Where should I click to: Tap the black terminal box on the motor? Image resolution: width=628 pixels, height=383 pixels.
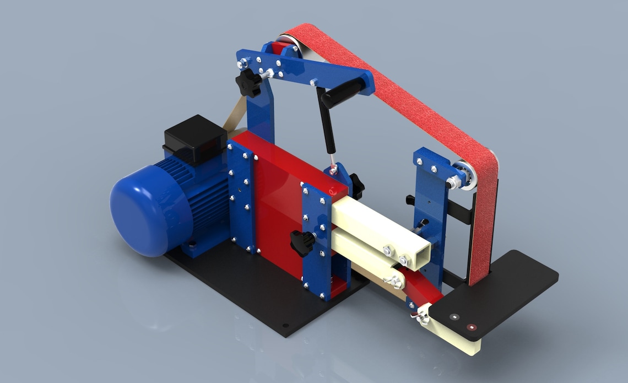point(196,135)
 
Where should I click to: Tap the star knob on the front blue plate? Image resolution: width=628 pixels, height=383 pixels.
point(302,242)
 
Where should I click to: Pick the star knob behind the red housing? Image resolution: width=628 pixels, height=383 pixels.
point(356,186)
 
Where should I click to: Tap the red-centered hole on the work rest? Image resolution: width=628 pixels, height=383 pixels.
point(472,327)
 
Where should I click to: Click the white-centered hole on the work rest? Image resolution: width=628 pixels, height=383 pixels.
point(453,317)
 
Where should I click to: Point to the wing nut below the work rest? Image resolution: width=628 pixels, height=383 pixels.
point(421,318)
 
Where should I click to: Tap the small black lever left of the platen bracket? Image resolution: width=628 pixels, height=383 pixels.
point(410,199)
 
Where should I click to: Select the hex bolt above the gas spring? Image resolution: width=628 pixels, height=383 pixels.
point(313,83)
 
